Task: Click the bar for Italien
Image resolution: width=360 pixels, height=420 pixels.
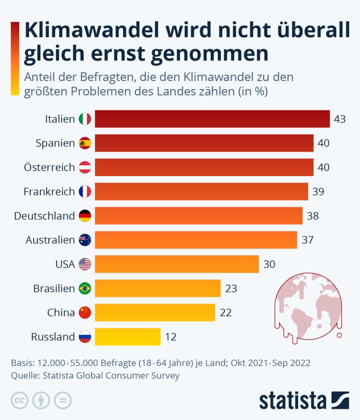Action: tap(212, 119)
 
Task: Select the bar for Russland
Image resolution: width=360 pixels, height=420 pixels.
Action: tap(127, 336)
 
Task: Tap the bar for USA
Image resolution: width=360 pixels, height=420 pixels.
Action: tap(177, 264)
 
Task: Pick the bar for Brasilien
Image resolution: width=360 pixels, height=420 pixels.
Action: tap(158, 288)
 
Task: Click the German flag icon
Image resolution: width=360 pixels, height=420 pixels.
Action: tap(85, 215)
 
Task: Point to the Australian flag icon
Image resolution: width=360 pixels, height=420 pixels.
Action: tap(85, 240)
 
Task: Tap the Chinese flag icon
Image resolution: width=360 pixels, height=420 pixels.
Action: tap(85, 312)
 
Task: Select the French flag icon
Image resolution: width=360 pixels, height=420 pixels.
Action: tap(85, 191)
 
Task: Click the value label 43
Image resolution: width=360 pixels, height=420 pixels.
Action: tap(340, 119)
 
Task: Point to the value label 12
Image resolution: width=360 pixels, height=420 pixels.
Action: tap(171, 337)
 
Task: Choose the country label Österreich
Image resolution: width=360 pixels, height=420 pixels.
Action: tap(49, 167)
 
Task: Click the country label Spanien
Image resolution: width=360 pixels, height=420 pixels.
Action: tap(55, 143)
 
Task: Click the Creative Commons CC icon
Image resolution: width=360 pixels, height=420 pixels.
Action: tap(19, 400)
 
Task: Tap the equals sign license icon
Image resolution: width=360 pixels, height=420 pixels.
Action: tap(63, 400)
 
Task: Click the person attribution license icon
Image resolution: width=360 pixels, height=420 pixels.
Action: tap(41, 400)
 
